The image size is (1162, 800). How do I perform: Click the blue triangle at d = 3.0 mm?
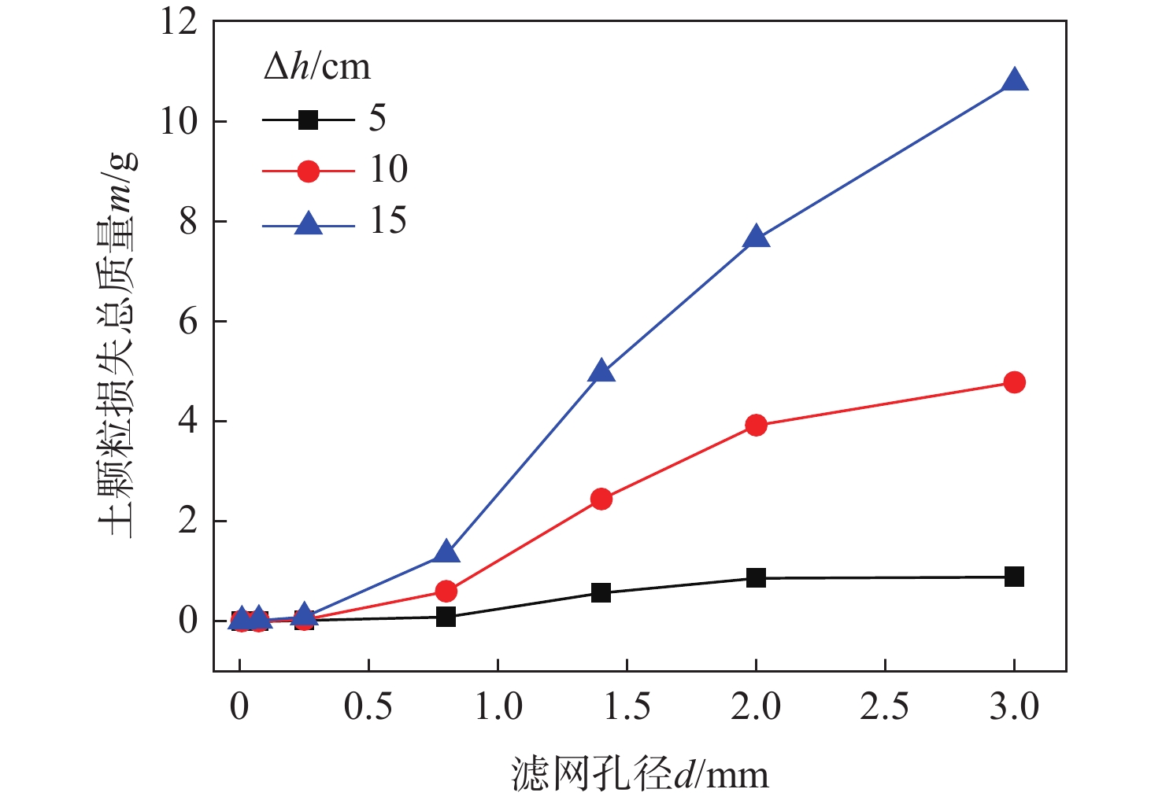[1014, 81]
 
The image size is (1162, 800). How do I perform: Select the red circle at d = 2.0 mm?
[756, 426]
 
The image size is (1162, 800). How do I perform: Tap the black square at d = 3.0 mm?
[1014, 577]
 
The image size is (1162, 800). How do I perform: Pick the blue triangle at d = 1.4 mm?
[601, 371]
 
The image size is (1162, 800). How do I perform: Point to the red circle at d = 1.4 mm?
[601, 499]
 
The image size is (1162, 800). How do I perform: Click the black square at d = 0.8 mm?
[446, 617]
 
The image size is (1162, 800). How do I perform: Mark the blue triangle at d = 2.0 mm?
[756, 237]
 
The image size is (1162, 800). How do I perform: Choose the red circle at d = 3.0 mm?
[1014, 382]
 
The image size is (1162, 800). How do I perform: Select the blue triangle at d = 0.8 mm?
[446, 552]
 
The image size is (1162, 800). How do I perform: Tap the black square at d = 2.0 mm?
[756, 578]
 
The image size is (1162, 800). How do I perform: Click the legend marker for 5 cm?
[308, 120]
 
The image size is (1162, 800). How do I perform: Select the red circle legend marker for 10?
[308, 171]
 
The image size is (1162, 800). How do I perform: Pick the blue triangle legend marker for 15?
[308, 224]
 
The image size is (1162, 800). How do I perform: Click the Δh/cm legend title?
[316, 68]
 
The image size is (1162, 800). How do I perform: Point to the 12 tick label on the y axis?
[179, 22]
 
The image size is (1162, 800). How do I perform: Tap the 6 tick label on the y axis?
[187, 322]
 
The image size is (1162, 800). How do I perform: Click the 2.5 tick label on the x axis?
[884, 707]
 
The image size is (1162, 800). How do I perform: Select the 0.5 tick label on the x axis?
[368, 707]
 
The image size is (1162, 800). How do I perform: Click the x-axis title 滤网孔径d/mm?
[639, 774]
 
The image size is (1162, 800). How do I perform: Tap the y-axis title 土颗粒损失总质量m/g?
[117, 346]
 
